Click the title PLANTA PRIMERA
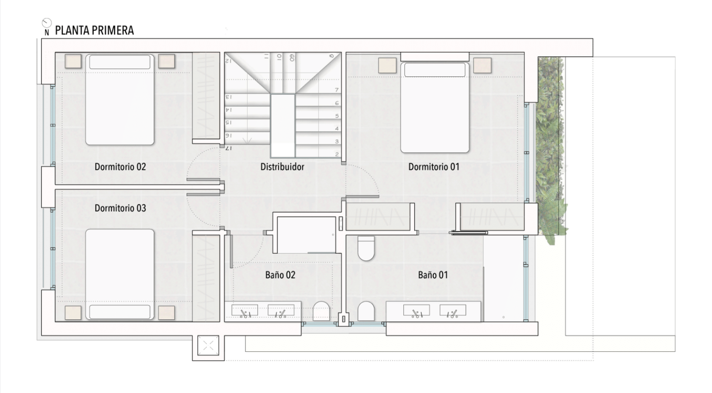tap(94, 30)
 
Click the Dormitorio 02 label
tap(120, 167)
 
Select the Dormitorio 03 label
tap(120, 208)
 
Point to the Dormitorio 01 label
tap(434, 167)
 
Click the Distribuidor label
tap(282, 167)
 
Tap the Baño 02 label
tap(280, 275)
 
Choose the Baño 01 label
tap(433, 275)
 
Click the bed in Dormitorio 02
tap(120, 100)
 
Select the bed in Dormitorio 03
tap(120, 274)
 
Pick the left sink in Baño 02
tap(244, 311)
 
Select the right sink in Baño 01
tap(453, 311)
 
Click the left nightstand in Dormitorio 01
tap(387, 66)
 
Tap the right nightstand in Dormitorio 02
tap(167, 61)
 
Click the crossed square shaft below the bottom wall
tap(208, 345)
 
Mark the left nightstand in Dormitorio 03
tap(73, 313)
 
